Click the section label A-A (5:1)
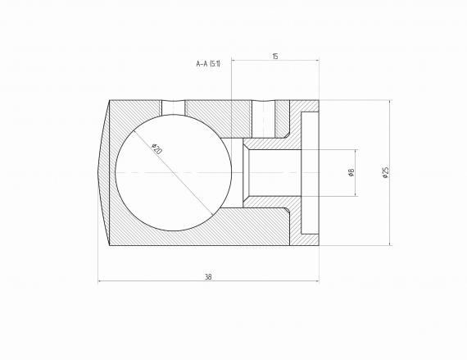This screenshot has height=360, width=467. click(x=208, y=63)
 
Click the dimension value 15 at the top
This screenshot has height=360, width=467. click(x=274, y=56)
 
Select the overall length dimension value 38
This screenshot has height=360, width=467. click(x=208, y=277)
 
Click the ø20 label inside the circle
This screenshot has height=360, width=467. click(x=157, y=149)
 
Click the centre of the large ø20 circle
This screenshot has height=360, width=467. click(x=168, y=173)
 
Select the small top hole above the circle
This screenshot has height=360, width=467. click(x=174, y=107)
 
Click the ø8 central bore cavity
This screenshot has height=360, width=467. click(x=274, y=173)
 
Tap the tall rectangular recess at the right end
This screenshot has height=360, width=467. click(x=311, y=173)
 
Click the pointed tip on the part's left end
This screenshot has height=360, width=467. click(x=98, y=173)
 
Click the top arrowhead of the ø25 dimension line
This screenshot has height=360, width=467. click(x=389, y=103)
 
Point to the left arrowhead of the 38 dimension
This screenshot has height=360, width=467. click(x=101, y=281)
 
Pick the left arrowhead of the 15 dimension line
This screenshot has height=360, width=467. click(x=234, y=60)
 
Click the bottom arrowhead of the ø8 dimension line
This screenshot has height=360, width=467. click(x=355, y=194)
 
